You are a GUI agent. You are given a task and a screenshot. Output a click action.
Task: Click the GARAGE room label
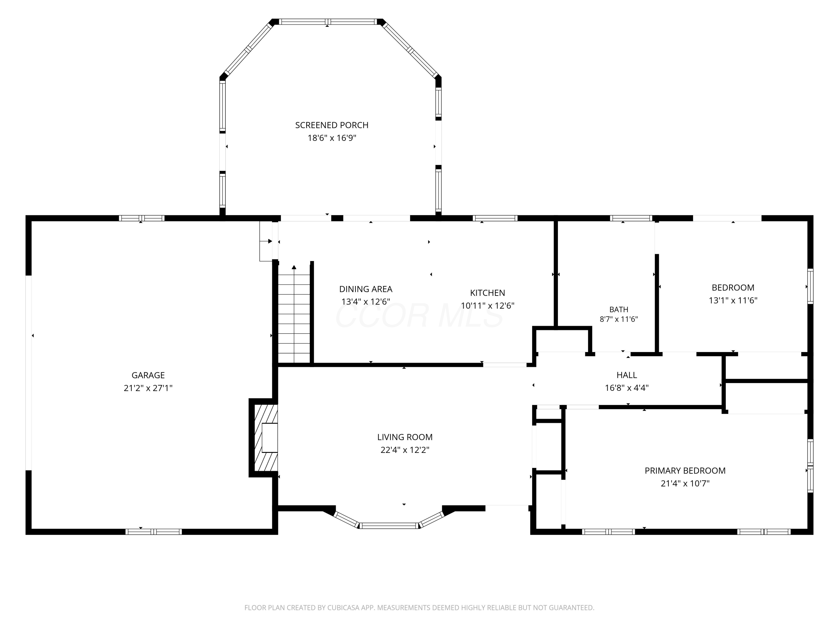click(148, 375)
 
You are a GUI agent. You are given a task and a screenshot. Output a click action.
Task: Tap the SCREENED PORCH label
click(332, 125)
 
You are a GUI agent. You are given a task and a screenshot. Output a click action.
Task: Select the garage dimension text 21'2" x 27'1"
click(148, 388)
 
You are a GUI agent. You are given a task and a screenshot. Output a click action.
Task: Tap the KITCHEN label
click(487, 293)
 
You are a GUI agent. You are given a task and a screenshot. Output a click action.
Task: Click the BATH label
click(619, 309)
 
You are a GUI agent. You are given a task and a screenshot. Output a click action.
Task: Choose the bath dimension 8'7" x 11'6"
click(619, 319)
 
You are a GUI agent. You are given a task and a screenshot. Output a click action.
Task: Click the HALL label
click(627, 375)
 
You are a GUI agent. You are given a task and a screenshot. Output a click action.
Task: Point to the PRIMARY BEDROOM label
click(685, 470)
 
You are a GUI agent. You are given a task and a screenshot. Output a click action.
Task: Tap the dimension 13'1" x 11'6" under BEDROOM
click(733, 300)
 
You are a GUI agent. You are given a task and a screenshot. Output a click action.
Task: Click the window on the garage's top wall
click(142, 218)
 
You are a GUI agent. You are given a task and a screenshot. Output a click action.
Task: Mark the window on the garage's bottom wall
click(154, 531)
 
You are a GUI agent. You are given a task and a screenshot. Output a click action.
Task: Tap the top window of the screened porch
click(328, 22)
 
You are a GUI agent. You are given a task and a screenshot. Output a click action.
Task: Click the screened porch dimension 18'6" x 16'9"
click(332, 138)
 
